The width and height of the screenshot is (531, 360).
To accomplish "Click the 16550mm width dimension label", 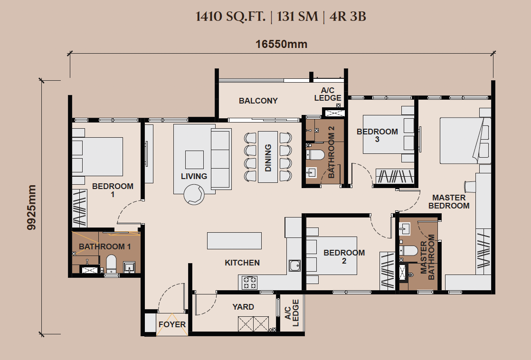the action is tap(282, 44).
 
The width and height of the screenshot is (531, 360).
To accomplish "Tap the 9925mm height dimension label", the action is tap(31, 207).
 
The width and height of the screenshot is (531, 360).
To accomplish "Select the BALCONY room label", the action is tap(258, 101).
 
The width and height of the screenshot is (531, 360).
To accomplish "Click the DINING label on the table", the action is tap(268, 158).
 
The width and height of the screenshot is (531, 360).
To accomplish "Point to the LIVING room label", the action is tap(194, 176).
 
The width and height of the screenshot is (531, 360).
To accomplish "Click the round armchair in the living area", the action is tap(194, 194).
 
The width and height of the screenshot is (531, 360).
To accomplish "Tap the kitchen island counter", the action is tap(234, 240).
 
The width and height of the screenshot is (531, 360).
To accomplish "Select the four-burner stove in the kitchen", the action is tap(249, 283).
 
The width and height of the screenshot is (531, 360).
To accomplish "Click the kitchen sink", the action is tap(294, 265).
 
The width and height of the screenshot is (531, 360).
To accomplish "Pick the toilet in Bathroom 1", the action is tap(111, 264).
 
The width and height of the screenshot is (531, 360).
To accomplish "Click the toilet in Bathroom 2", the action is tap(315, 155).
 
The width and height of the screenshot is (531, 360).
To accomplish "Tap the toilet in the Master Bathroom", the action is tap(409, 251).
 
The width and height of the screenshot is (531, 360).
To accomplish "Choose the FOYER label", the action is tap(172, 324).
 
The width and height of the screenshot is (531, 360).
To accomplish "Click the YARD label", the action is tap(243, 307).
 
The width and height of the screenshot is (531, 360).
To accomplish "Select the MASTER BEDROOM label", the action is tap(449, 201).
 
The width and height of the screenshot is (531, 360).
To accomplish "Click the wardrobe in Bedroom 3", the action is tap(395, 176).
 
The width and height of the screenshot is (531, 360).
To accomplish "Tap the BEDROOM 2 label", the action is tap(344, 256).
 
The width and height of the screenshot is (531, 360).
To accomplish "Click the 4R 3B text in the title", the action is tap(348, 16).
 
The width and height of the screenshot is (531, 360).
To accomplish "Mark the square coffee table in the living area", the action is tap(194, 160).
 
